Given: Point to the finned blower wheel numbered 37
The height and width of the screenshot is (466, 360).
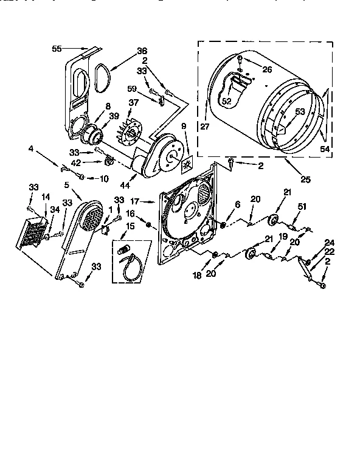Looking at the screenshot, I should pyautogui.click(x=130, y=131).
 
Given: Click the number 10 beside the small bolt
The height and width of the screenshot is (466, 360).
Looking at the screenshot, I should pyautogui.click(x=104, y=178).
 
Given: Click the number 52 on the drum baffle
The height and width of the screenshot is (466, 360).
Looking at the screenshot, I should pyautogui.click(x=226, y=101).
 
